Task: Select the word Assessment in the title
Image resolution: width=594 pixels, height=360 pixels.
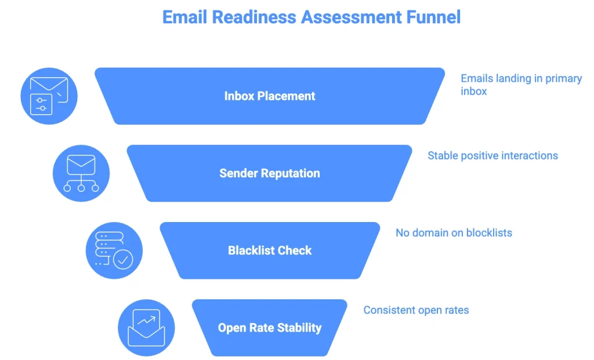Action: (349, 17)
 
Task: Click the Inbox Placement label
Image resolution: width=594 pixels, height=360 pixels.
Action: (270, 96)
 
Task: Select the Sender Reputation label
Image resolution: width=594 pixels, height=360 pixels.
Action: (270, 173)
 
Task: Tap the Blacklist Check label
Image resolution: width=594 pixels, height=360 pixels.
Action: (270, 250)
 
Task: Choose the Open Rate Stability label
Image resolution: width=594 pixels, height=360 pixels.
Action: (270, 328)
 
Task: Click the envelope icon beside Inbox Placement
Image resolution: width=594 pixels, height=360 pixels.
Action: (49, 96)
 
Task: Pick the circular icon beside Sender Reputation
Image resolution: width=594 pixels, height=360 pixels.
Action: (81, 173)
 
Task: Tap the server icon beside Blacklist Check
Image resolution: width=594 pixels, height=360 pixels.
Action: (114, 250)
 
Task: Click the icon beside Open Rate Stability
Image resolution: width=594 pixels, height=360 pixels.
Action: (146, 328)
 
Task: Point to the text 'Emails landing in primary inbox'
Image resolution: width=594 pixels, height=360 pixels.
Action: (521, 85)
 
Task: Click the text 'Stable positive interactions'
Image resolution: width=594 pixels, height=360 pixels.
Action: (492, 155)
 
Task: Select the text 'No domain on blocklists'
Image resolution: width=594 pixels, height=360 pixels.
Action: (454, 233)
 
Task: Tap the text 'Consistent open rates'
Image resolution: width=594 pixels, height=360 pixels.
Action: (416, 310)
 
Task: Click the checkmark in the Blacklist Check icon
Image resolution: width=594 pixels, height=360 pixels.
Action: (122, 259)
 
